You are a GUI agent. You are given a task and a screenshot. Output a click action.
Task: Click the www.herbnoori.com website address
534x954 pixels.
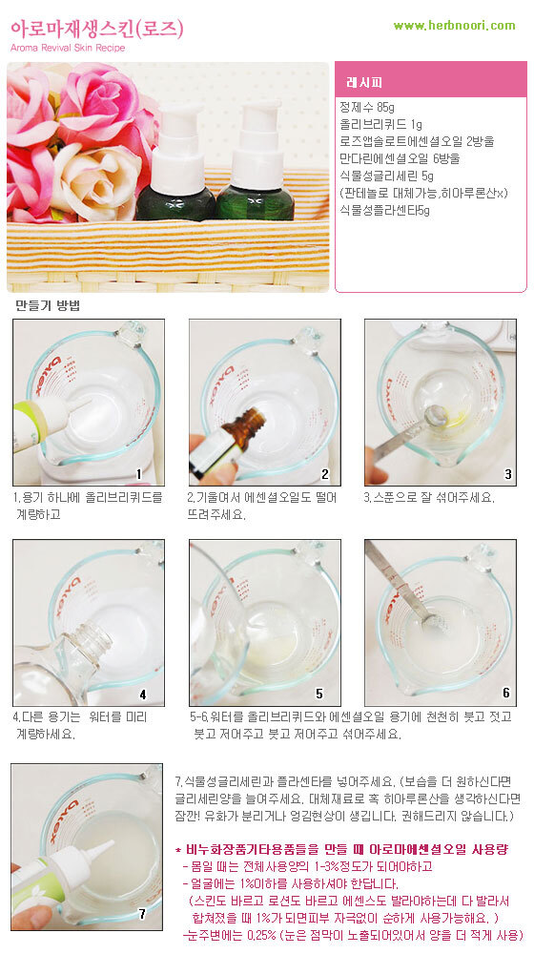(x=454, y=26)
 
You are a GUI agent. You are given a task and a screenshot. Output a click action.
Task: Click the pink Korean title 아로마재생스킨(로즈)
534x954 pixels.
(x=96, y=28)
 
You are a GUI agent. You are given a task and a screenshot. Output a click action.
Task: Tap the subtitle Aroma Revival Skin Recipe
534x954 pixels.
(x=68, y=48)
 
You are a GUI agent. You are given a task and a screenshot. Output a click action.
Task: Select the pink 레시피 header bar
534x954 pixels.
(x=431, y=80)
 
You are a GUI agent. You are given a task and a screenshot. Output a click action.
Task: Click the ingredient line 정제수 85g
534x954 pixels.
(x=367, y=108)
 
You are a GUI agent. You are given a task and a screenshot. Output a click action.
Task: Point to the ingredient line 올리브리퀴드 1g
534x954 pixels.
(x=380, y=125)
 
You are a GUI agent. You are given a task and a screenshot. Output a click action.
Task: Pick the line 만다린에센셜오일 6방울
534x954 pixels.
(x=400, y=158)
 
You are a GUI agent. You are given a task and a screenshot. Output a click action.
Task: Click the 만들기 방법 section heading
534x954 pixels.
(x=48, y=306)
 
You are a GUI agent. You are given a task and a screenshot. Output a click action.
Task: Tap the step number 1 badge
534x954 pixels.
(x=138, y=474)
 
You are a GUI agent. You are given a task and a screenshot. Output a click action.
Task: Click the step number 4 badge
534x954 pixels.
(x=143, y=695)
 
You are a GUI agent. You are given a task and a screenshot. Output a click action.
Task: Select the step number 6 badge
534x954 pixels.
(x=506, y=693)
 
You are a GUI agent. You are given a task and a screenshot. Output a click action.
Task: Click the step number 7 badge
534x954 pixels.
(x=142, y=914)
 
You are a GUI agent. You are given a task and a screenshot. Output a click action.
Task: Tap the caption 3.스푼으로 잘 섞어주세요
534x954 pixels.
(x=429, y=498)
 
